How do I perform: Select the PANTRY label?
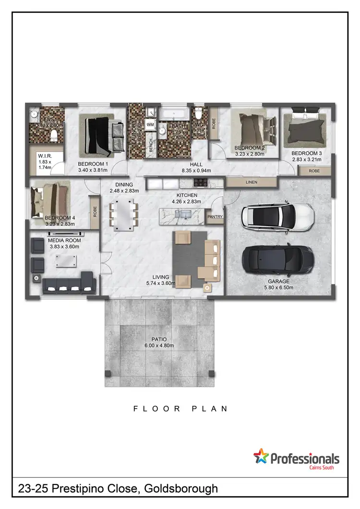(x=215, y=217)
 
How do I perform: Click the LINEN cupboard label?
(x=252, y=182)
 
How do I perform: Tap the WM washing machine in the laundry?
(x=150, y=125)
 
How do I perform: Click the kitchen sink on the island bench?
(x=184, y=217)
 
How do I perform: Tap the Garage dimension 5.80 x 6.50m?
(x=278, y=288)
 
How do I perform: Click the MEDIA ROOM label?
(x=64, y=240)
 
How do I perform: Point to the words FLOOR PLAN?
(x=180, y=409)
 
